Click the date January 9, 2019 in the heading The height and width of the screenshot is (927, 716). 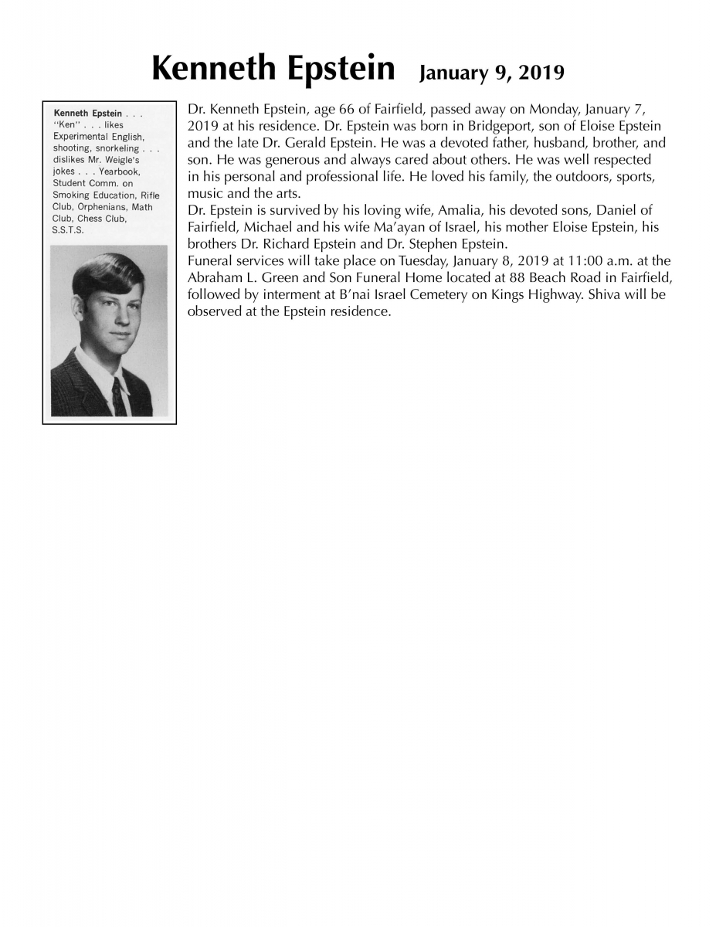click(491, 73)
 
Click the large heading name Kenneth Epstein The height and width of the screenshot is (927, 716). click(273, 70)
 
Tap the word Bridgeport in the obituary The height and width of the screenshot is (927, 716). click(501, 126)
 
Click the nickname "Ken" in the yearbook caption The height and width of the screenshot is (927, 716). click(65, 125)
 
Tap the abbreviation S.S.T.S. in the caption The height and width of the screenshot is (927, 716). click(67, 230)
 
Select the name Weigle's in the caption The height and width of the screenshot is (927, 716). click(119, 160)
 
